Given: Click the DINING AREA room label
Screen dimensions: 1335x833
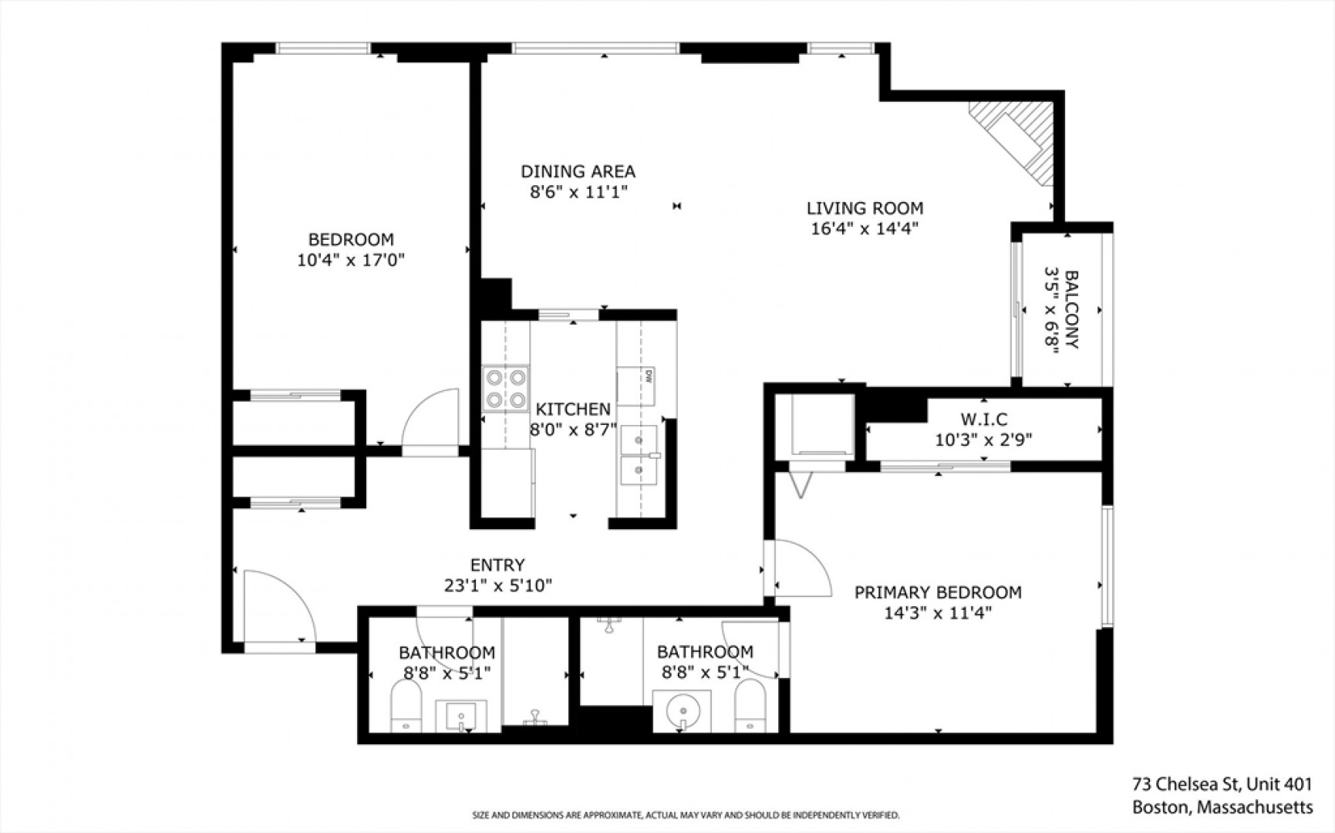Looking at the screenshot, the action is pyautogui.click(x=578, y=171).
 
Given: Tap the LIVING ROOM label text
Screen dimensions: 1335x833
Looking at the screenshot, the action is pyautogui.click(x=865, y=208).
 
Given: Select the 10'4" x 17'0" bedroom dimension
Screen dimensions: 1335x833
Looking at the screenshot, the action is pyautogui.click(x=351, y=260).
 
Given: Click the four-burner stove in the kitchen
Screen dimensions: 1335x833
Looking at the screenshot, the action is pyautogui.click(x=506, y=388).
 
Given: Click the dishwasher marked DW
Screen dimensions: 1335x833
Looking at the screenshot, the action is pyautogui.click(x=638, y=386).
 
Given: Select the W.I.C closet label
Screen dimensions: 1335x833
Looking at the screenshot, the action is pyautogui.click(x=983, y=420).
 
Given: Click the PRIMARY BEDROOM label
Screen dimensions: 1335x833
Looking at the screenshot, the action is pyautogui.click(x=938, y=592).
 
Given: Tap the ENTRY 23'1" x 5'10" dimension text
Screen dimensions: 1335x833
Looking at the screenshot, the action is pyautogui.click(x=498, y=585).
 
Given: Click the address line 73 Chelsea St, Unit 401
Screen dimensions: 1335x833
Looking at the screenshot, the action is pyautogui.click(x=1222, y=784).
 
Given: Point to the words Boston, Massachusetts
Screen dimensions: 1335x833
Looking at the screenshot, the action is pyautogui.click(x=1222, y=808).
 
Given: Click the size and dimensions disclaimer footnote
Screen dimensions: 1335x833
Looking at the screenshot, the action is pyautogui.click(x=686, y=815).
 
